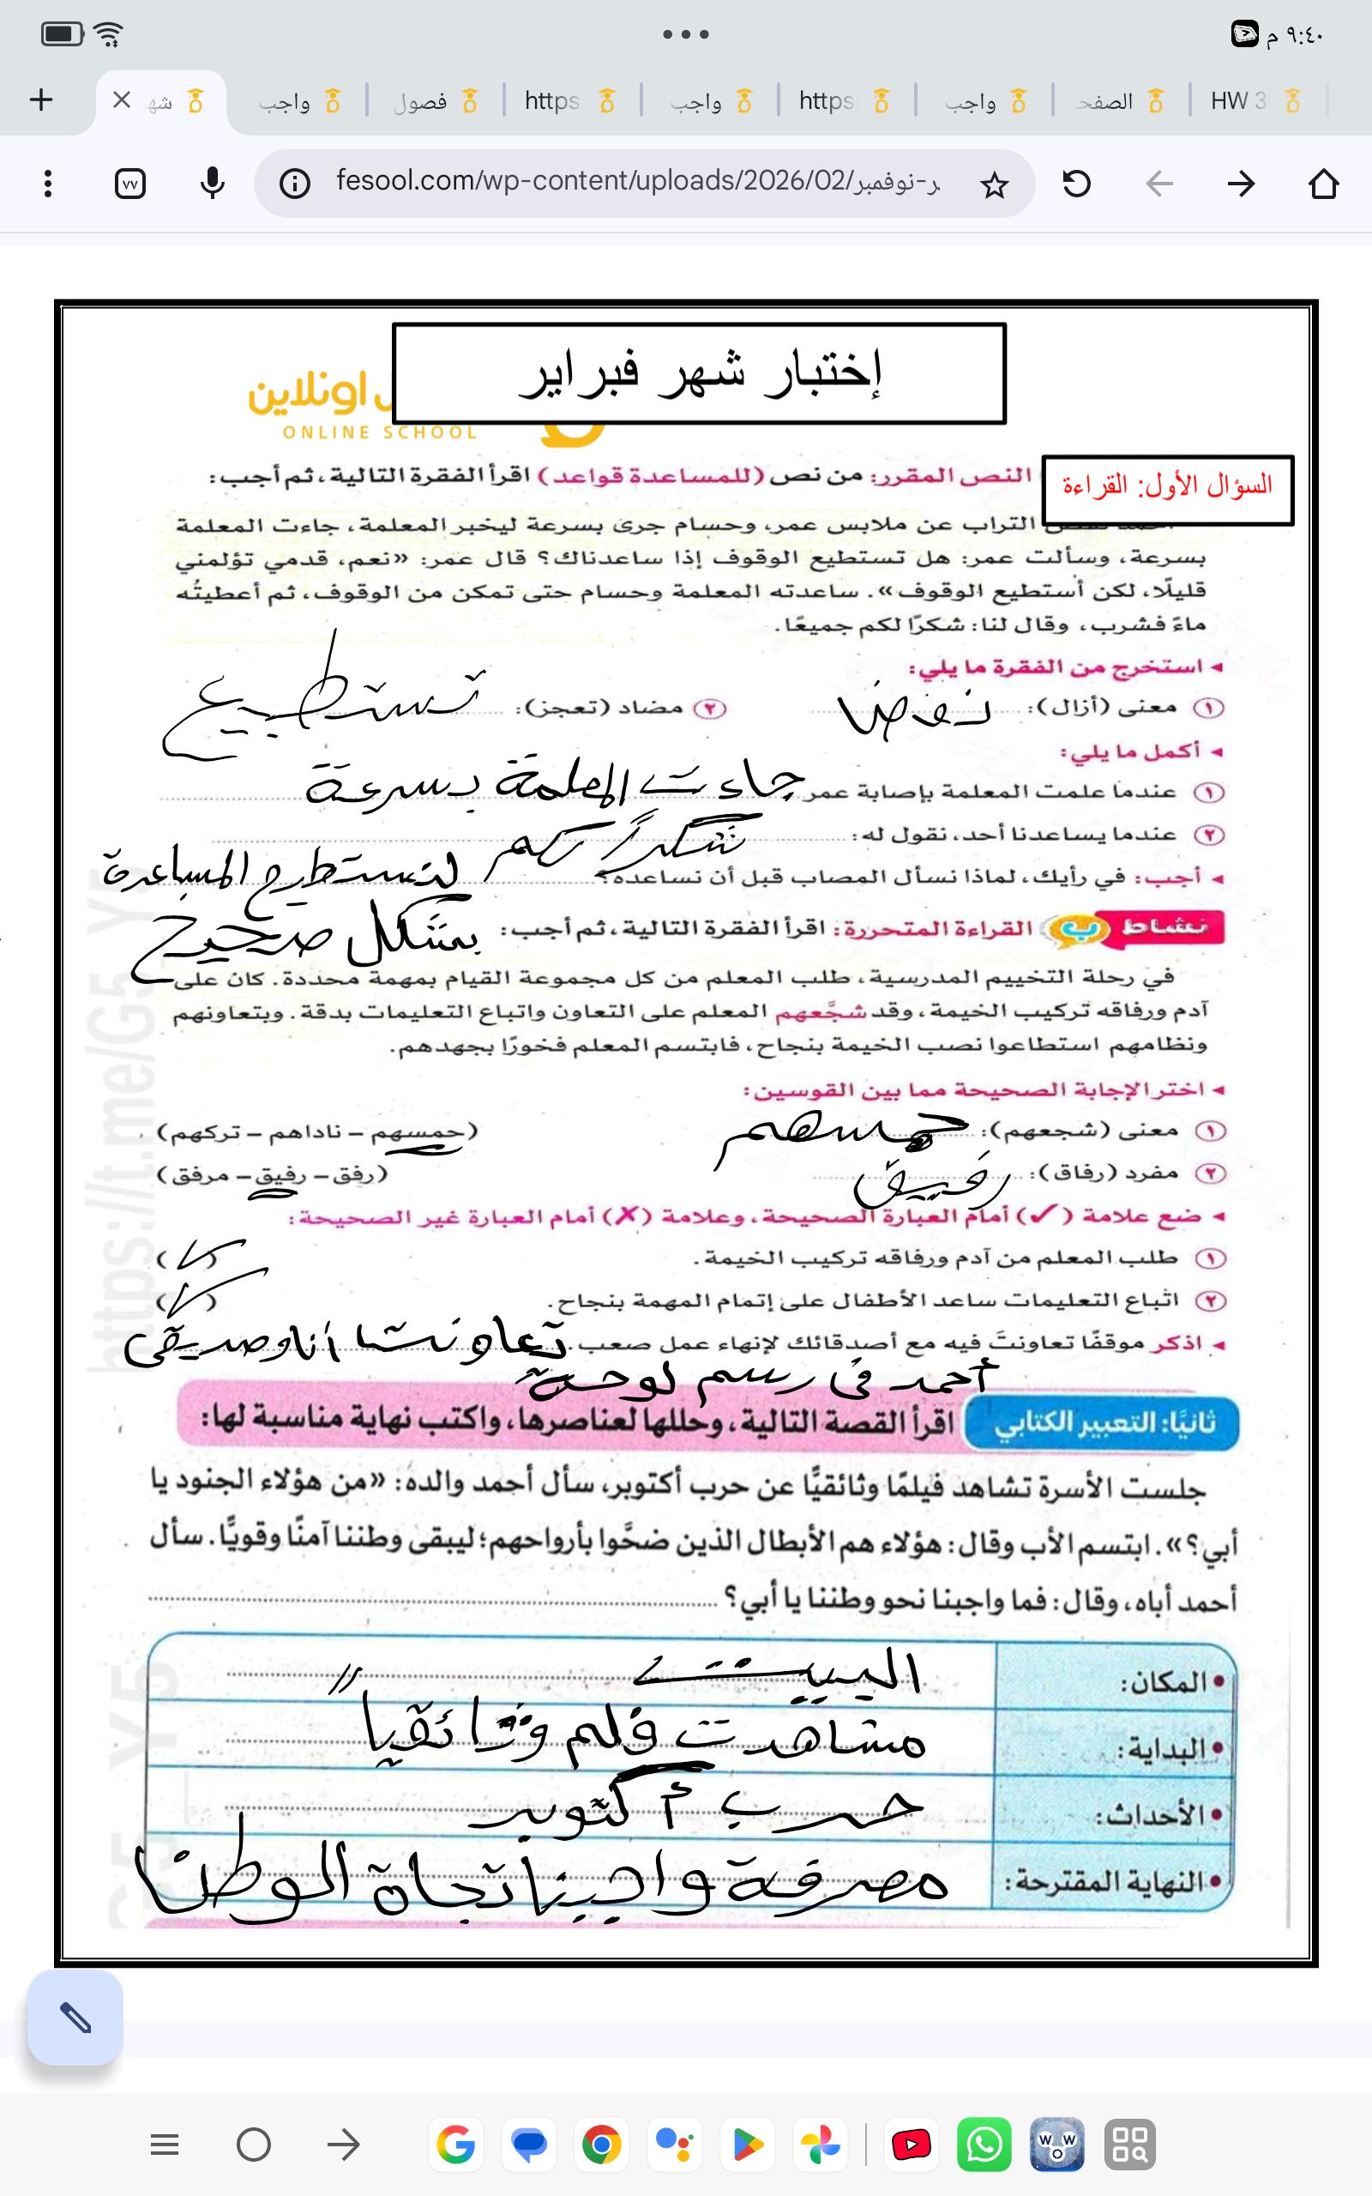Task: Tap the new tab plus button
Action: click(x=42, y=100)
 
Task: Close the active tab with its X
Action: click(x=122, y=100)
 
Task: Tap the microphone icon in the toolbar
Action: click(x=213, y=184)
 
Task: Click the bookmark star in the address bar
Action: click(x=995, y=185)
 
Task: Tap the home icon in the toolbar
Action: click(x=1324, y=184)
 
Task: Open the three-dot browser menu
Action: click(x=48, y=184)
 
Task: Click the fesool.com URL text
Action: click(x=635, y=182)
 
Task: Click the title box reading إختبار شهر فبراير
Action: click(x=699, y=373)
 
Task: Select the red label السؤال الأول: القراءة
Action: click(x=1167, y=488)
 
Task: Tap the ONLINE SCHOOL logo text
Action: click(x=379, y=433)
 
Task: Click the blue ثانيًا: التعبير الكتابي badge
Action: click(x=1103, y=1423)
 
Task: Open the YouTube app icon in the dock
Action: click(x=911, y=2145)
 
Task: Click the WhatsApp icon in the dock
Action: click(x=984, y=2145)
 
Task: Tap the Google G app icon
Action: click(x=455, y=2145)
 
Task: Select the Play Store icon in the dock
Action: click(x=748, y=2145)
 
